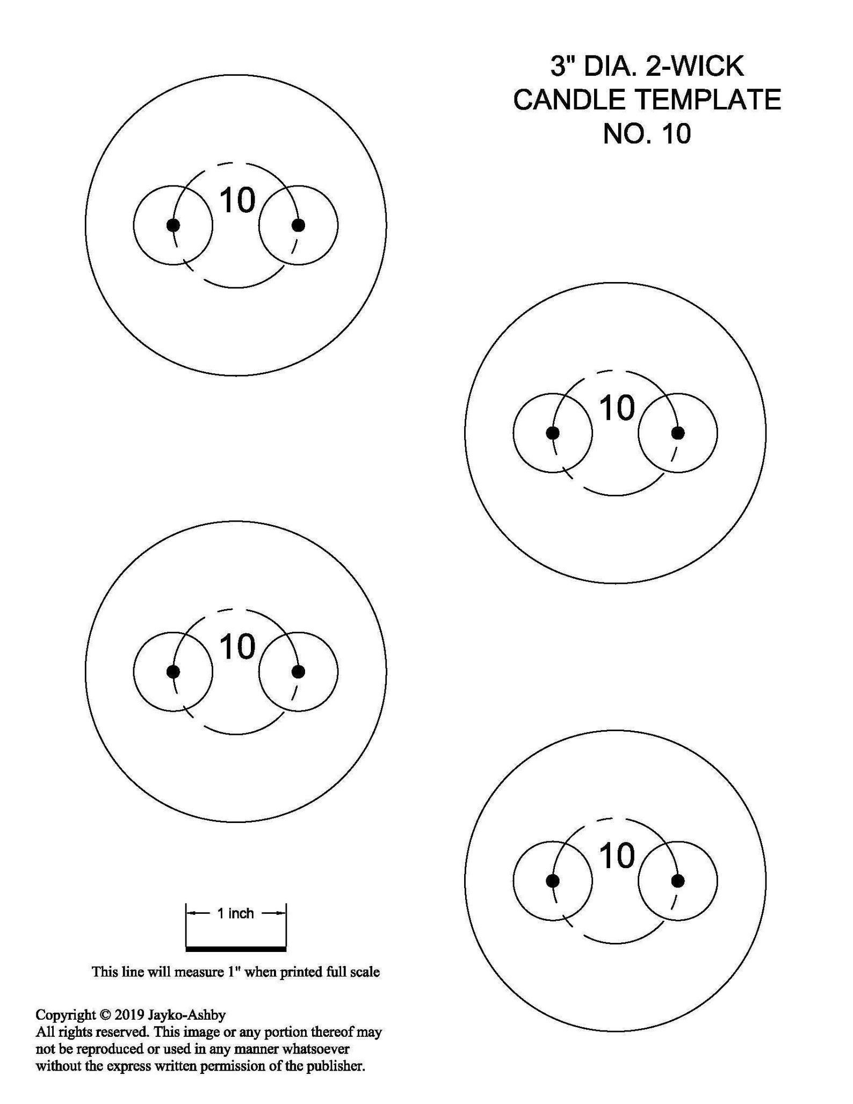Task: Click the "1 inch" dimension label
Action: [x=235, y=913]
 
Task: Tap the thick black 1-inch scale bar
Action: [x=236, y=948]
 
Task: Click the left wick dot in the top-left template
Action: [x=173, y=225]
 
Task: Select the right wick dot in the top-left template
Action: [x=299, y=225]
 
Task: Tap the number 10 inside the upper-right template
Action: [x=617, y=408]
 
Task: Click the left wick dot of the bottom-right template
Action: [x=553, y=881]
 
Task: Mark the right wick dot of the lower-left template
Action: [x=299, y=672]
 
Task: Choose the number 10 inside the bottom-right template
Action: [x=617, y=856]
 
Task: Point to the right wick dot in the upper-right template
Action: [x=678, y=433]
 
